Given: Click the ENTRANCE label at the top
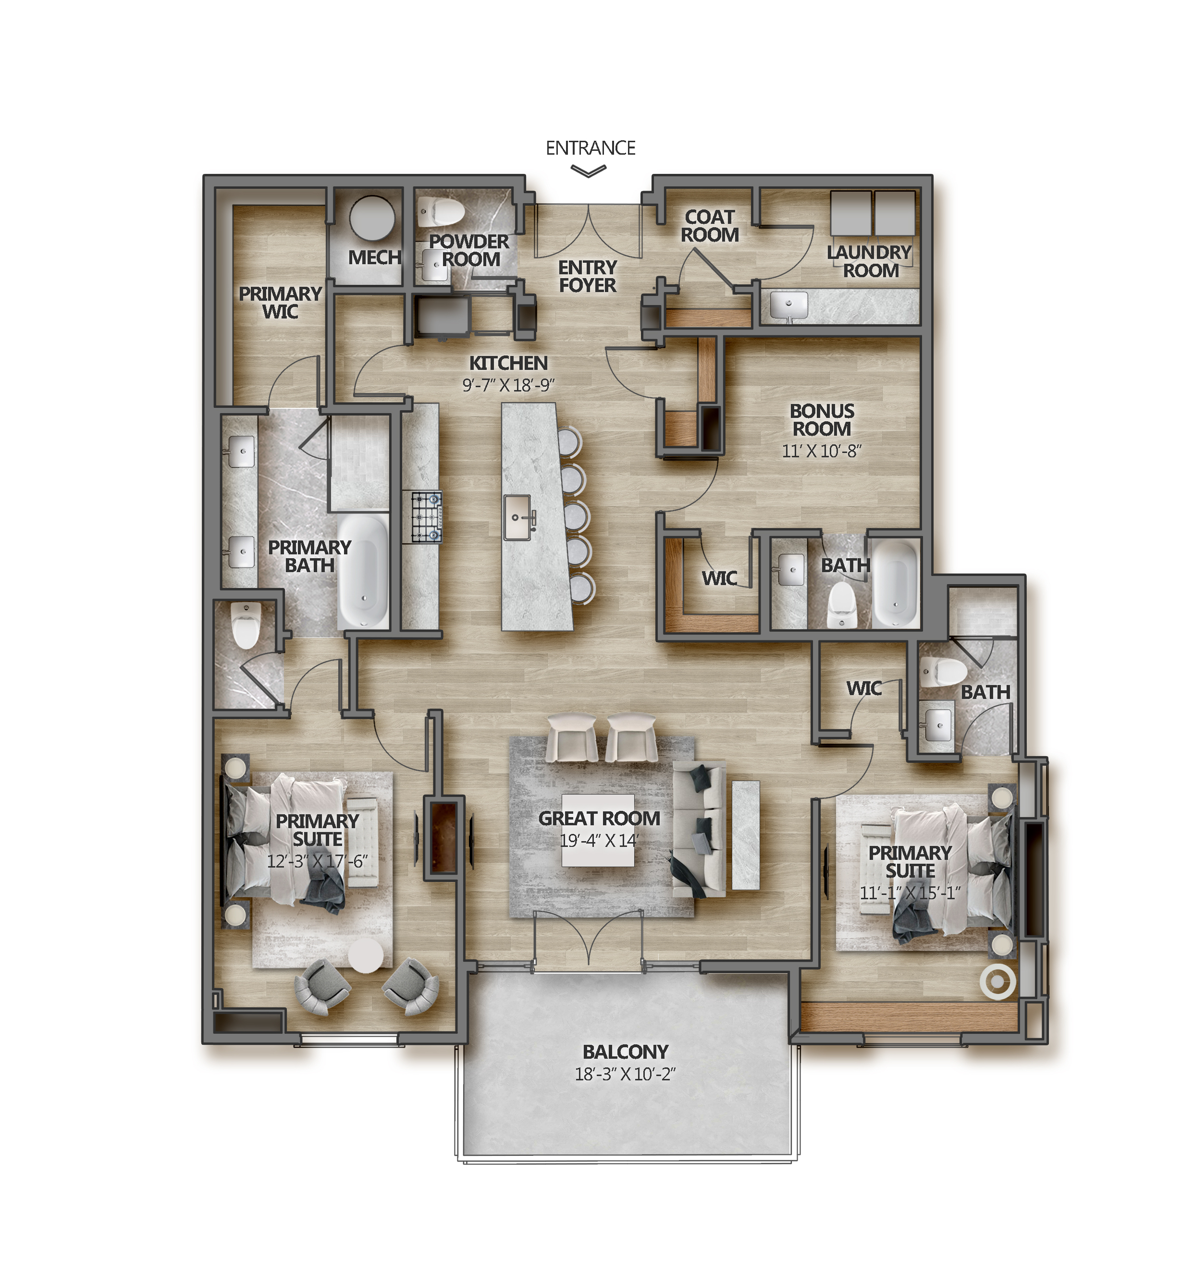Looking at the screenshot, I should (x=590, y=148).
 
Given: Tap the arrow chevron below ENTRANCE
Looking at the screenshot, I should (x=588, y=171).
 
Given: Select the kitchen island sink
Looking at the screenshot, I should (x=517, y=517).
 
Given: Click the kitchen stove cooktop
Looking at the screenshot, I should (x=426, y=516).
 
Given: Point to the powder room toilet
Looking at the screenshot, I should (x=441, y=211).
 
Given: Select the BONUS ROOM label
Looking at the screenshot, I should (x=821, y=419).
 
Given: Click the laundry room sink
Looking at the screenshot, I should (x=788, y=305).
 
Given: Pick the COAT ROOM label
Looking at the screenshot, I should (x=709, y=226).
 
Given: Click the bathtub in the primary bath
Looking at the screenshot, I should (x=362, y=571).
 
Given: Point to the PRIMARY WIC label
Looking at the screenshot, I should (x=280, y=302).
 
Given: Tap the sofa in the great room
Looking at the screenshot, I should (x=699, y=828).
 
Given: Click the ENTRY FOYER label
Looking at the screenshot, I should (x=587, y=276).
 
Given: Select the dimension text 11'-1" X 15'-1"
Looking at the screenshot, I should (x=910, y=893).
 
